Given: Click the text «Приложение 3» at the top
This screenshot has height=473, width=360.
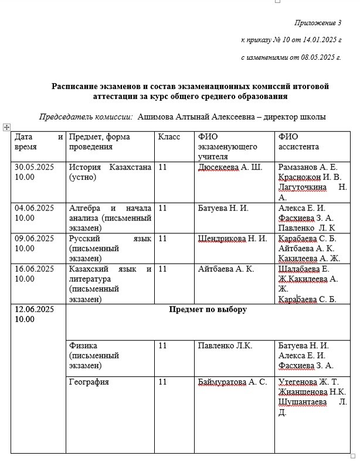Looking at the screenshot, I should point(317,23).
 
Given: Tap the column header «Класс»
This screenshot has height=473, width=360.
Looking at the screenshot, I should point(169,137).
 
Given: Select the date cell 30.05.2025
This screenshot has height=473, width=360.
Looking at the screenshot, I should point(35,168).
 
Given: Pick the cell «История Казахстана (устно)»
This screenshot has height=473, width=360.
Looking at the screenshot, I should point(110,172).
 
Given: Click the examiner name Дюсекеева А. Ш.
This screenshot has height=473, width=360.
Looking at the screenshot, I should point(230,168).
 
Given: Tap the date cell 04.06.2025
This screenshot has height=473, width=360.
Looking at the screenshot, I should point(35,208).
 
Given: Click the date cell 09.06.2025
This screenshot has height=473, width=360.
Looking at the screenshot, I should point(35,239).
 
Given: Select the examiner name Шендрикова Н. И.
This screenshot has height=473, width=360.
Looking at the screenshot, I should point(233,239).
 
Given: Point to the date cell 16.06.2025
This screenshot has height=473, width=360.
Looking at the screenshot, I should point(35,269).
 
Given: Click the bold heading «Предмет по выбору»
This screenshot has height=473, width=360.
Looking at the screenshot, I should point(208,309).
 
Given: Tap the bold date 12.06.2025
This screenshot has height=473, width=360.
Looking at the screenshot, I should point(35,309).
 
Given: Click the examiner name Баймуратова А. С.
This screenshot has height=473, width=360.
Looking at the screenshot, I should point(233,382).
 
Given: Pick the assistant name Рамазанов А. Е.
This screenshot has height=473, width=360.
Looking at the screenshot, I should point(307,168).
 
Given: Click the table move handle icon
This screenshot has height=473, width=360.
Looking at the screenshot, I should point(6,127).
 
